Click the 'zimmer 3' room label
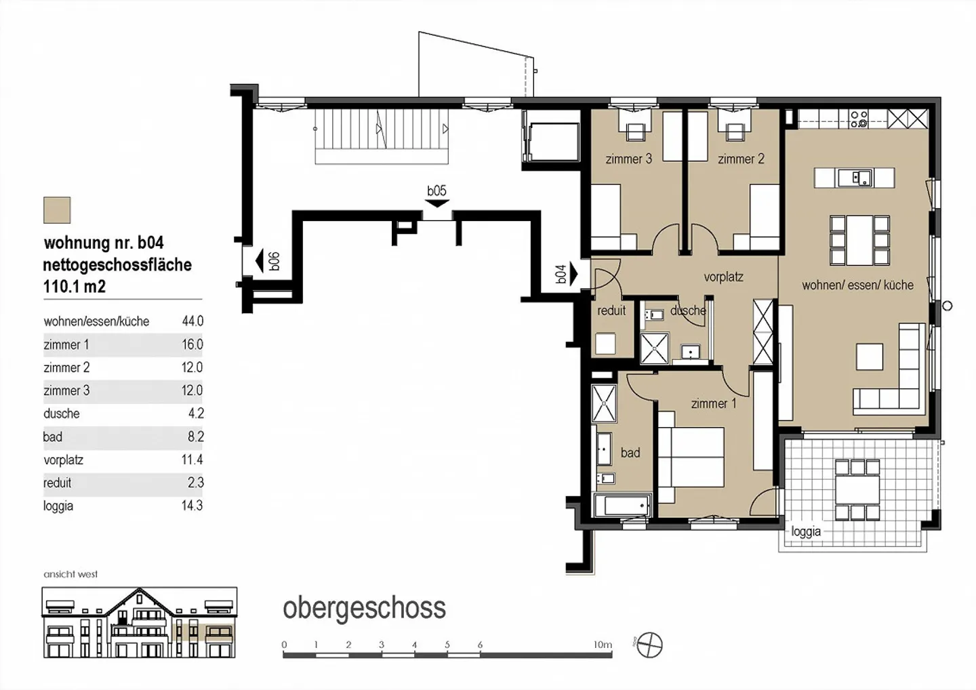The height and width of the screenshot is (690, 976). pos(628,159)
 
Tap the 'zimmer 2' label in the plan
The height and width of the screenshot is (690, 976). pos(741,159)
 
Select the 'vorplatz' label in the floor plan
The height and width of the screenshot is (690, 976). pos(723,277)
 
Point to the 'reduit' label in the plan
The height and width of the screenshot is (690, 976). pos(611,310)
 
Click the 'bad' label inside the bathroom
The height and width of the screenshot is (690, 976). pos(630,453)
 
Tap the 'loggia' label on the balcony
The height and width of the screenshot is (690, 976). pos(806,531)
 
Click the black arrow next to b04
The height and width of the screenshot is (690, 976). pos(573,275)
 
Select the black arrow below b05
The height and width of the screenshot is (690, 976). pos(437,203)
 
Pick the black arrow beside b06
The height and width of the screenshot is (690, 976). pos(260,261)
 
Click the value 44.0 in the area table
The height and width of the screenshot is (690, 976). pos(192,321)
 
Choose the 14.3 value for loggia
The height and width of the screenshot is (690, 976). pos(192,506)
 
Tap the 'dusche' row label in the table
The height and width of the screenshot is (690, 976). pos(62,413)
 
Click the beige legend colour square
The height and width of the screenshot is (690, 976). pos(57,210)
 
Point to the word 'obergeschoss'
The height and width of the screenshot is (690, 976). pos(364,608)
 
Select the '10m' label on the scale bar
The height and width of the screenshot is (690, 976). pos(603,645)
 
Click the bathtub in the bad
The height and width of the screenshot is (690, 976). pos(622,506)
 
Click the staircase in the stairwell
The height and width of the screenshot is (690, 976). pos(382,136)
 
